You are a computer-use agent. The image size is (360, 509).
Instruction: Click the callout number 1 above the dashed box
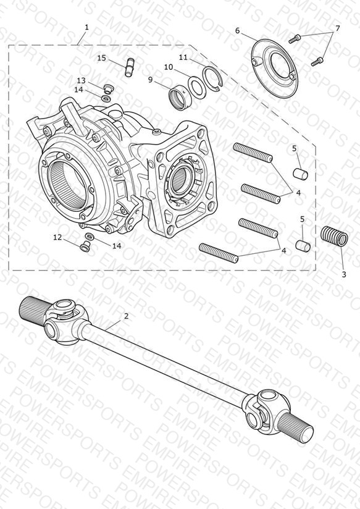point(86,27)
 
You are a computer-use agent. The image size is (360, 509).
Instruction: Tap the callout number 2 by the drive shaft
point(126,316)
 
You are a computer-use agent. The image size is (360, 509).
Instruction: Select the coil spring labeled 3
point(334,237)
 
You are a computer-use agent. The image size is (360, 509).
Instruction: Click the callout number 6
point(237,30)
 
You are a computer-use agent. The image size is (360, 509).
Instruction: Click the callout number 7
point(338,28)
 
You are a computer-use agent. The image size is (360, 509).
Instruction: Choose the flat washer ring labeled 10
point(196,87)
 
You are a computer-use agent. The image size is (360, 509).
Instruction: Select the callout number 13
point(81,80)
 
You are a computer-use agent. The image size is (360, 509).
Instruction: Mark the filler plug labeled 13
point(107,88)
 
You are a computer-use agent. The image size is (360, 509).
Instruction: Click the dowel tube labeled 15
point(130,67)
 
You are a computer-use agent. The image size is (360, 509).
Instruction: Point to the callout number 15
point(102,58)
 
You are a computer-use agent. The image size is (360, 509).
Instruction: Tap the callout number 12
point(57,238)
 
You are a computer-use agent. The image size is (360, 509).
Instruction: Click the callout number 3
point(344,274)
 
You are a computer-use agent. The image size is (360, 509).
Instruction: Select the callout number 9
point(150,80)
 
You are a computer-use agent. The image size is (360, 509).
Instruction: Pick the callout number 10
point(169,67)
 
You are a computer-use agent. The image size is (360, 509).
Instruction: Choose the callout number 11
point(183,57)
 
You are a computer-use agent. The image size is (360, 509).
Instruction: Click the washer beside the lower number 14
point(90,236)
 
